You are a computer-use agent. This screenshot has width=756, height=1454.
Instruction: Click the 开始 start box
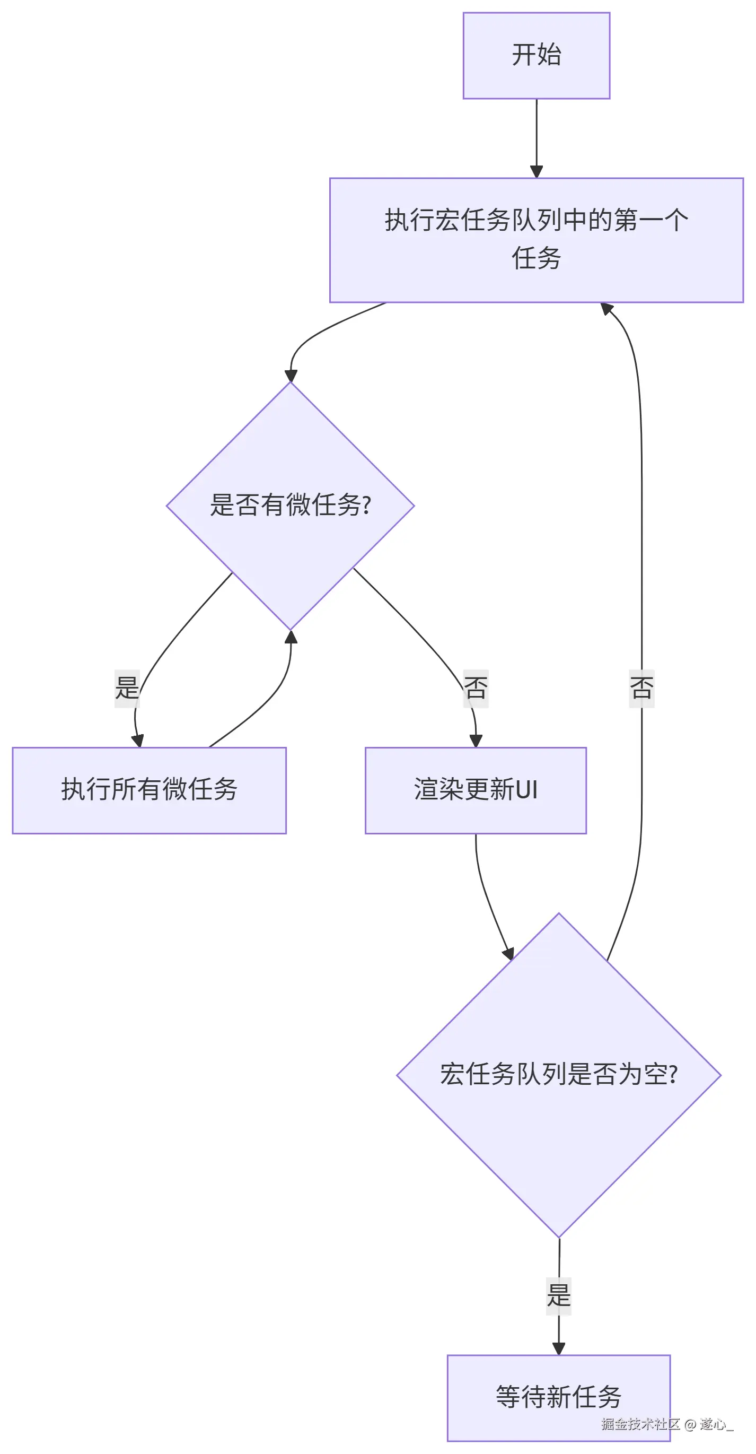(536, 55)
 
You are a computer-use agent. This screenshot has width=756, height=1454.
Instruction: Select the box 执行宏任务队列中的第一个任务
(536, 240)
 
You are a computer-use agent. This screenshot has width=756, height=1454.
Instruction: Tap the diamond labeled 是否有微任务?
(290, 505)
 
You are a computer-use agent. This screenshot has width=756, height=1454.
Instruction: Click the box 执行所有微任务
(149, 790)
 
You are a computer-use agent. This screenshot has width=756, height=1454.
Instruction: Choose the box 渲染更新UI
(475, 790)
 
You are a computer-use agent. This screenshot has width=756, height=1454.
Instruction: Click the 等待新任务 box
(559, 1397)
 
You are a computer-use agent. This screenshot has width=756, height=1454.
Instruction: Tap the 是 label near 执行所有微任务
(127, 688)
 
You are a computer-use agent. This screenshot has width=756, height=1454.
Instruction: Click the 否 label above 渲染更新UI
(476, 688)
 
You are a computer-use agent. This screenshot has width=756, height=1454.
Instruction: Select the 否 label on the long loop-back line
(641, 688)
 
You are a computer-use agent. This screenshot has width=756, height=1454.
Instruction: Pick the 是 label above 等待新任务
(559, 1295)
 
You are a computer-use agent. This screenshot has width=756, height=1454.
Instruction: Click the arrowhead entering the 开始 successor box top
(537, 171)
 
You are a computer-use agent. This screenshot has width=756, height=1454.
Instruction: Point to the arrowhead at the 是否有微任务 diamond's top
(291, 376)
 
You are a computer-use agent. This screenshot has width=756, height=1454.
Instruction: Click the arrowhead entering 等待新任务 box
(559, 1348)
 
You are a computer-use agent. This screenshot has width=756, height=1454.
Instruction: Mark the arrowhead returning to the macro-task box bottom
(606, 309)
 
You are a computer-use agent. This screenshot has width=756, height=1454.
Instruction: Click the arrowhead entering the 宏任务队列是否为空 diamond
(509, 953)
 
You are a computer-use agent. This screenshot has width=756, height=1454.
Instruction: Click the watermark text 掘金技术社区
(640, 1424)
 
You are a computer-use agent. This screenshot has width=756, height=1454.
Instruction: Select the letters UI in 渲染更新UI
(526, 790)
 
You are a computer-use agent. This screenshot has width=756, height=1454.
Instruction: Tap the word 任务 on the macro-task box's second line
(536, 258)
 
